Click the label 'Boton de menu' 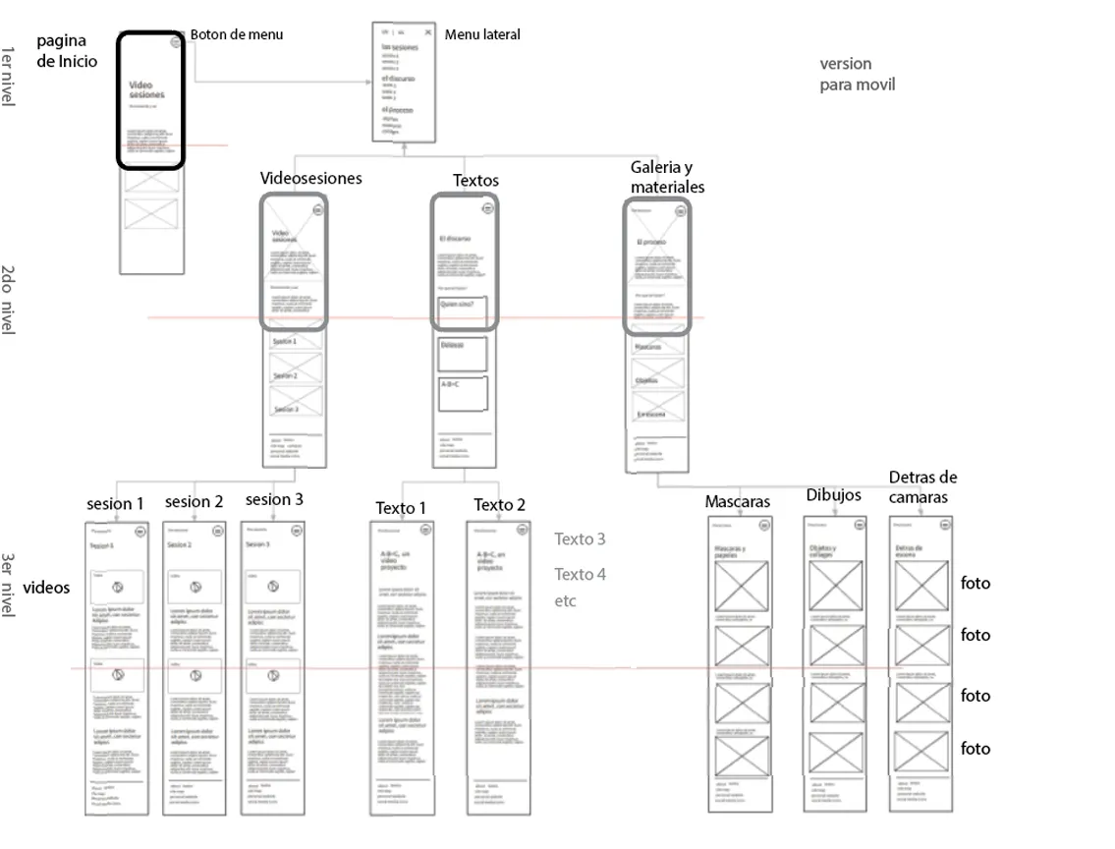click(237, 34)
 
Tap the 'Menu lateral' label click(482, 34)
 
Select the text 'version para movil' click(857, 74)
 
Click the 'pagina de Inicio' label click(67, 50)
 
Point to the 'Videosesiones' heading click(310, 178)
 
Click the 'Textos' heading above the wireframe click(475, 180)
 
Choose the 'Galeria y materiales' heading click(667, 177)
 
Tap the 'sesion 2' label click(194, 501)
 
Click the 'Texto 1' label click(401, 508)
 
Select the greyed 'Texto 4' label click(580, 574)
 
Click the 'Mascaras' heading click(737, 502)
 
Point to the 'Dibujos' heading click(833, 494)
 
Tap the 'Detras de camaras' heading click(922, 486)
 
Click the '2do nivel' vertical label click(8, 300)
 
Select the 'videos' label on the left click(47, 588)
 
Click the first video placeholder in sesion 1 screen click(117, 588)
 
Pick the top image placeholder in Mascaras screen click(740, 587)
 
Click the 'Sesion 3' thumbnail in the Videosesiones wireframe click(296, 403)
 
